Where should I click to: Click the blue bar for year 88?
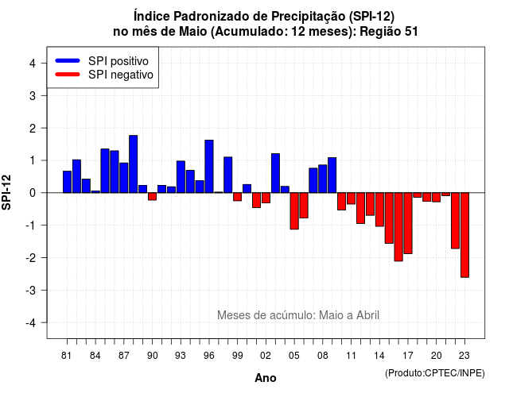133,164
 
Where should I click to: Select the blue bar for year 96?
209,166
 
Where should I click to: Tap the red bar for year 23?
464,235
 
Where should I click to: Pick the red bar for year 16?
398,227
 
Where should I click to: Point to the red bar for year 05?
294,211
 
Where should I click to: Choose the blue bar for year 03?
275,173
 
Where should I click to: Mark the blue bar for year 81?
67,182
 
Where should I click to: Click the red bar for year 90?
152,196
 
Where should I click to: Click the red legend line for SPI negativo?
68,75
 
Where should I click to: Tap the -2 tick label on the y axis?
32,257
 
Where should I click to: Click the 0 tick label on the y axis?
33,193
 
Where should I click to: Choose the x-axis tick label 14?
379,356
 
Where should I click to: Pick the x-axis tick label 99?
238,356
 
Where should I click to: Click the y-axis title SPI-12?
6,192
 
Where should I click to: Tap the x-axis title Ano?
266,378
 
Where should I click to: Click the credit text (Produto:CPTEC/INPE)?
435,373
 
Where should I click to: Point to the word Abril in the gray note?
367,315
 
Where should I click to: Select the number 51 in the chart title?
411,32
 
